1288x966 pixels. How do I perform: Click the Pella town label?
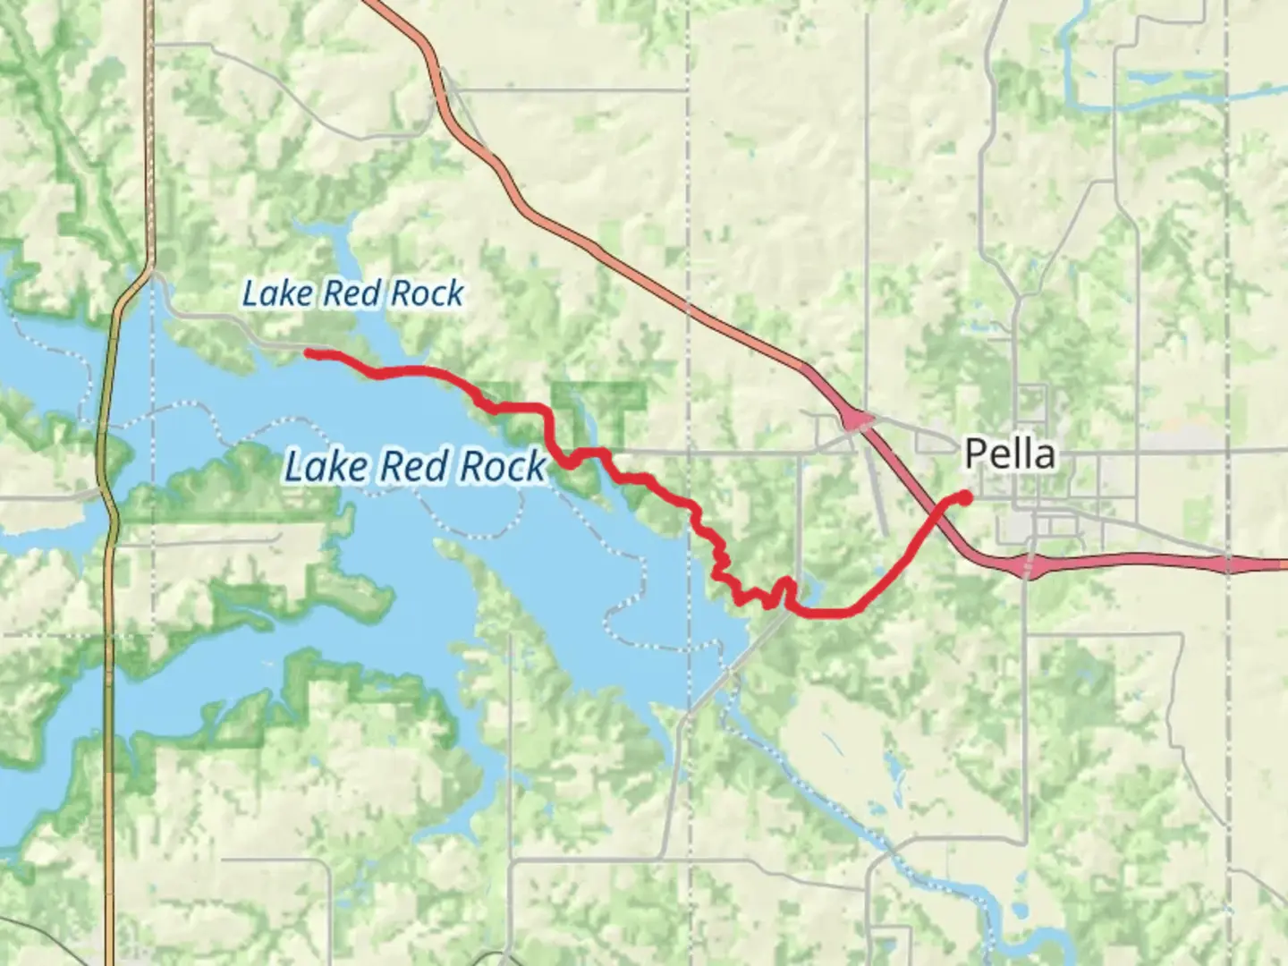point(1010,454)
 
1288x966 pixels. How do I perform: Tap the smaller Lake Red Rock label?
point(353,293)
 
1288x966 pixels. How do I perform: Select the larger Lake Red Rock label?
point(415,467)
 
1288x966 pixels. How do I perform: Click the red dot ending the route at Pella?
point(966,496)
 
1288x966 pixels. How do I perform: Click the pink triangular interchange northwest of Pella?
point(856,419)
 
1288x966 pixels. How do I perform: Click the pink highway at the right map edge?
point(1270,565)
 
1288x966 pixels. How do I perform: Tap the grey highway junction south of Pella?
point(1029,567)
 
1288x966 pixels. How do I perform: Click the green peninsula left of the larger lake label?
point(224,474)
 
